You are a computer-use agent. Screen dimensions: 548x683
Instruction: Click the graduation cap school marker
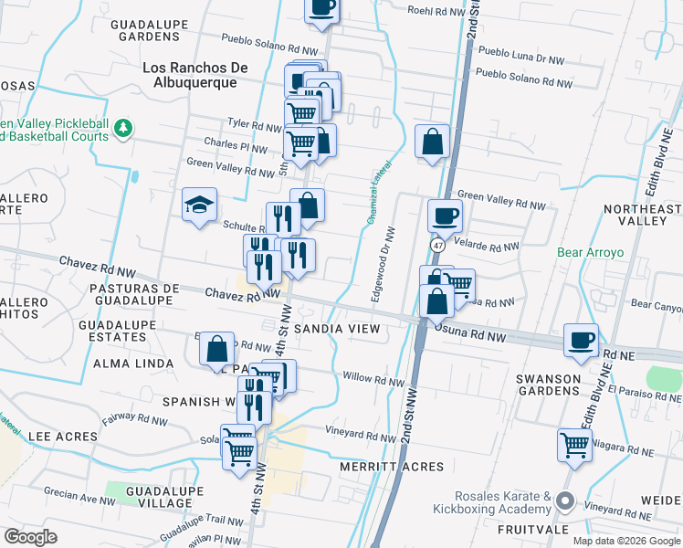[197, 205]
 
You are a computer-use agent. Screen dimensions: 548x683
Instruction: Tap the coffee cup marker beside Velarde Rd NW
[445, 216]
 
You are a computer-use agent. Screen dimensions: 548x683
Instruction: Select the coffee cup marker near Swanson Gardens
[581, 340]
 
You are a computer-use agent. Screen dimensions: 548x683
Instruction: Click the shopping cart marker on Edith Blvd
[574, 446]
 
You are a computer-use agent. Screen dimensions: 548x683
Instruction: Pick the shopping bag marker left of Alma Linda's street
[217, 350]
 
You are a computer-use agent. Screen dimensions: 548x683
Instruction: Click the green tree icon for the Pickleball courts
[121, 131]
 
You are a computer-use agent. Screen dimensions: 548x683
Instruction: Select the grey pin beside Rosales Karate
[565, 501]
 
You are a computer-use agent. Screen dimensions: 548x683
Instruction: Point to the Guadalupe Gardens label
[146, 30]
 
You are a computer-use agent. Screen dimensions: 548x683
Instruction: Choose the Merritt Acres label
[392, 467]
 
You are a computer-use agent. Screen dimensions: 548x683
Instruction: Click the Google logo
[30, 537]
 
